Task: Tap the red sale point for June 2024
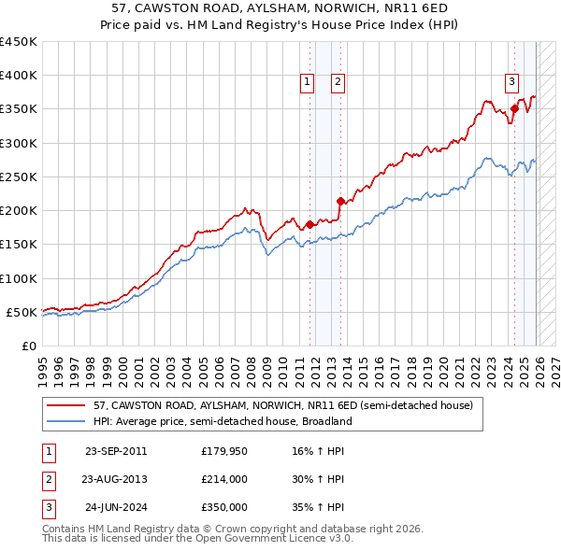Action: [514, 109]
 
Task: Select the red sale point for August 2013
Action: [340, 201]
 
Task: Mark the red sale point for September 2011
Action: [309, 224]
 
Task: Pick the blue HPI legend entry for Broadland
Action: [223, 421]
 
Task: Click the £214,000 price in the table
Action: [223, 479]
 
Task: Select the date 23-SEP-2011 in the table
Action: [116, 451]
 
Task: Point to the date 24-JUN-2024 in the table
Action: [116, 507]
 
